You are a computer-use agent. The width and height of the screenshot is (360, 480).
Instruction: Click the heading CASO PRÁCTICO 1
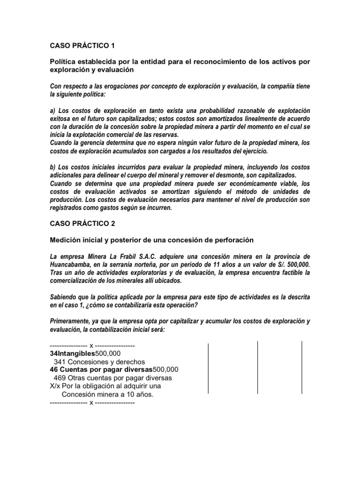pos(82,45)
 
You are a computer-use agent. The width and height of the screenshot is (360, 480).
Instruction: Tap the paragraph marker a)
pos(53,110)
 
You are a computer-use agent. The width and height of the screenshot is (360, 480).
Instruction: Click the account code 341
pos(60,361)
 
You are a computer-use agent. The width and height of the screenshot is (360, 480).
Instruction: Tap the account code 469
pos(60,377)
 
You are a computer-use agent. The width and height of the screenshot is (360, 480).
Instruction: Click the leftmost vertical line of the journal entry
pos(208,367)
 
